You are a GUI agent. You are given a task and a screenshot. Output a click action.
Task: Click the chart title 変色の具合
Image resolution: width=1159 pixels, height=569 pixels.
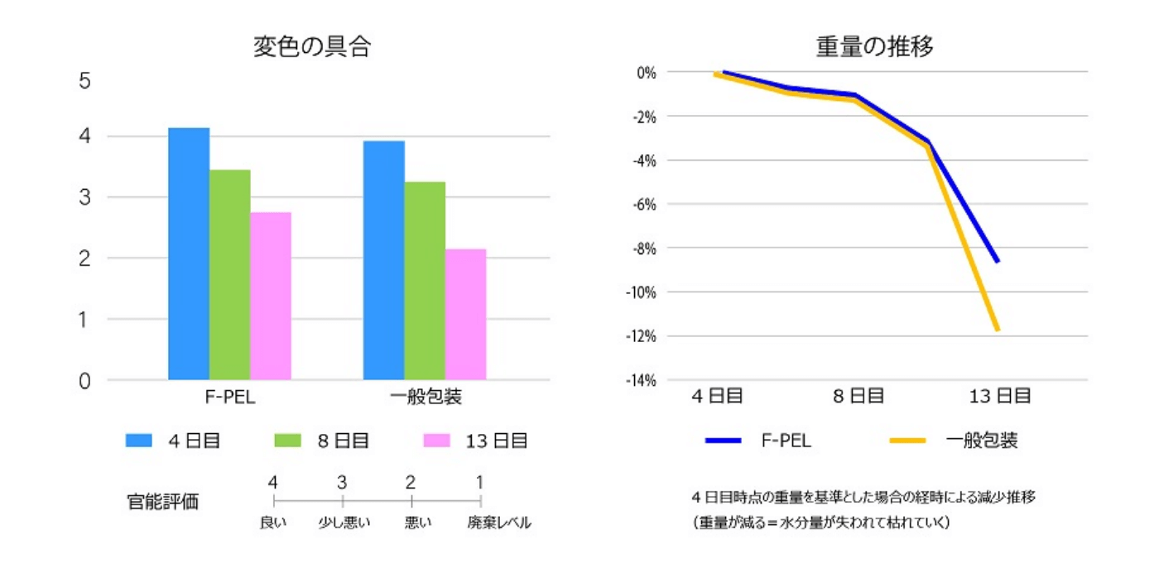click(311, 47)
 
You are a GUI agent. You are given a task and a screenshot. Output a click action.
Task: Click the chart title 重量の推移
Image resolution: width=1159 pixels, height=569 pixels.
click(874, 47)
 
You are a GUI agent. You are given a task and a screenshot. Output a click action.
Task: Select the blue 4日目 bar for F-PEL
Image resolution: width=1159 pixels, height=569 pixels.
click(189, 253)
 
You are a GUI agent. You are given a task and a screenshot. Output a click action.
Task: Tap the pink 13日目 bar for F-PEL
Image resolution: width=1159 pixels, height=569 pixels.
click(271, 296)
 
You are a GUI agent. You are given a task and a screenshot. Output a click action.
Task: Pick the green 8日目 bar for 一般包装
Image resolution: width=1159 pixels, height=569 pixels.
click(425, 281)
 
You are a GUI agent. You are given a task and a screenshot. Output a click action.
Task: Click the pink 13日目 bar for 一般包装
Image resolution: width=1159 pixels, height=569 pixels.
click(465, 314)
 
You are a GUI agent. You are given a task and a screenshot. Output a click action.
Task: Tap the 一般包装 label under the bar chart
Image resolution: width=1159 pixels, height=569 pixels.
click(425, 397)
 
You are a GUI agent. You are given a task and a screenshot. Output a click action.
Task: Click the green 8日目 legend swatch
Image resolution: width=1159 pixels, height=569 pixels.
click(289, 441)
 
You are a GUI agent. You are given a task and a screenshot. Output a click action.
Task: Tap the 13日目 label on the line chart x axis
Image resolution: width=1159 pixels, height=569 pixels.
click(1000, 396)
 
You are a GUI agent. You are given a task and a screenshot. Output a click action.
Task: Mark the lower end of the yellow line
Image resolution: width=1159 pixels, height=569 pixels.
click(998, 330)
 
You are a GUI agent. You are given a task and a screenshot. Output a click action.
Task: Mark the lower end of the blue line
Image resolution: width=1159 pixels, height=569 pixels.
click(998, 261)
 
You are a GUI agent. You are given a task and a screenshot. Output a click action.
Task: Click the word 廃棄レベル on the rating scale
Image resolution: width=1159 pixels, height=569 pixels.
click(498, 523)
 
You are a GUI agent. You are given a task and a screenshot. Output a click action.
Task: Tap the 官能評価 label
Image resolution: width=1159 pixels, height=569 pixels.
click(162, 501)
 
